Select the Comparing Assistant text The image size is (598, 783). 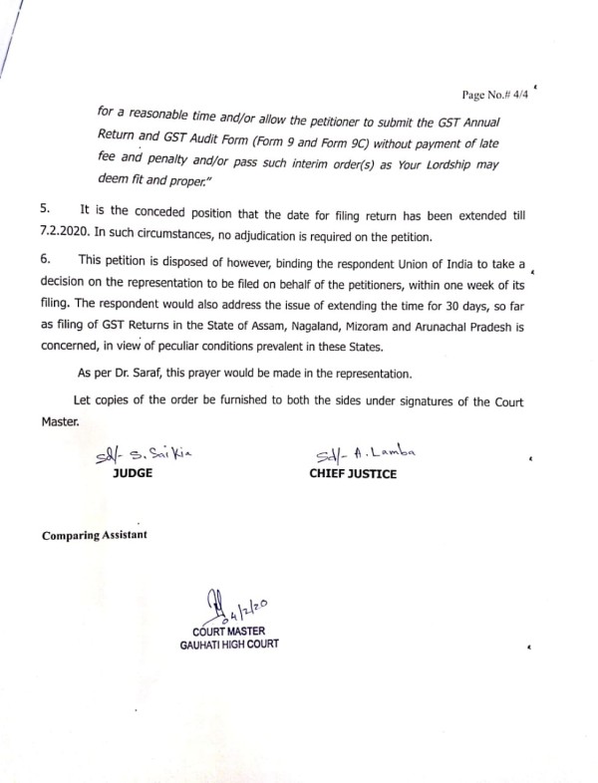tap(95, 535)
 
